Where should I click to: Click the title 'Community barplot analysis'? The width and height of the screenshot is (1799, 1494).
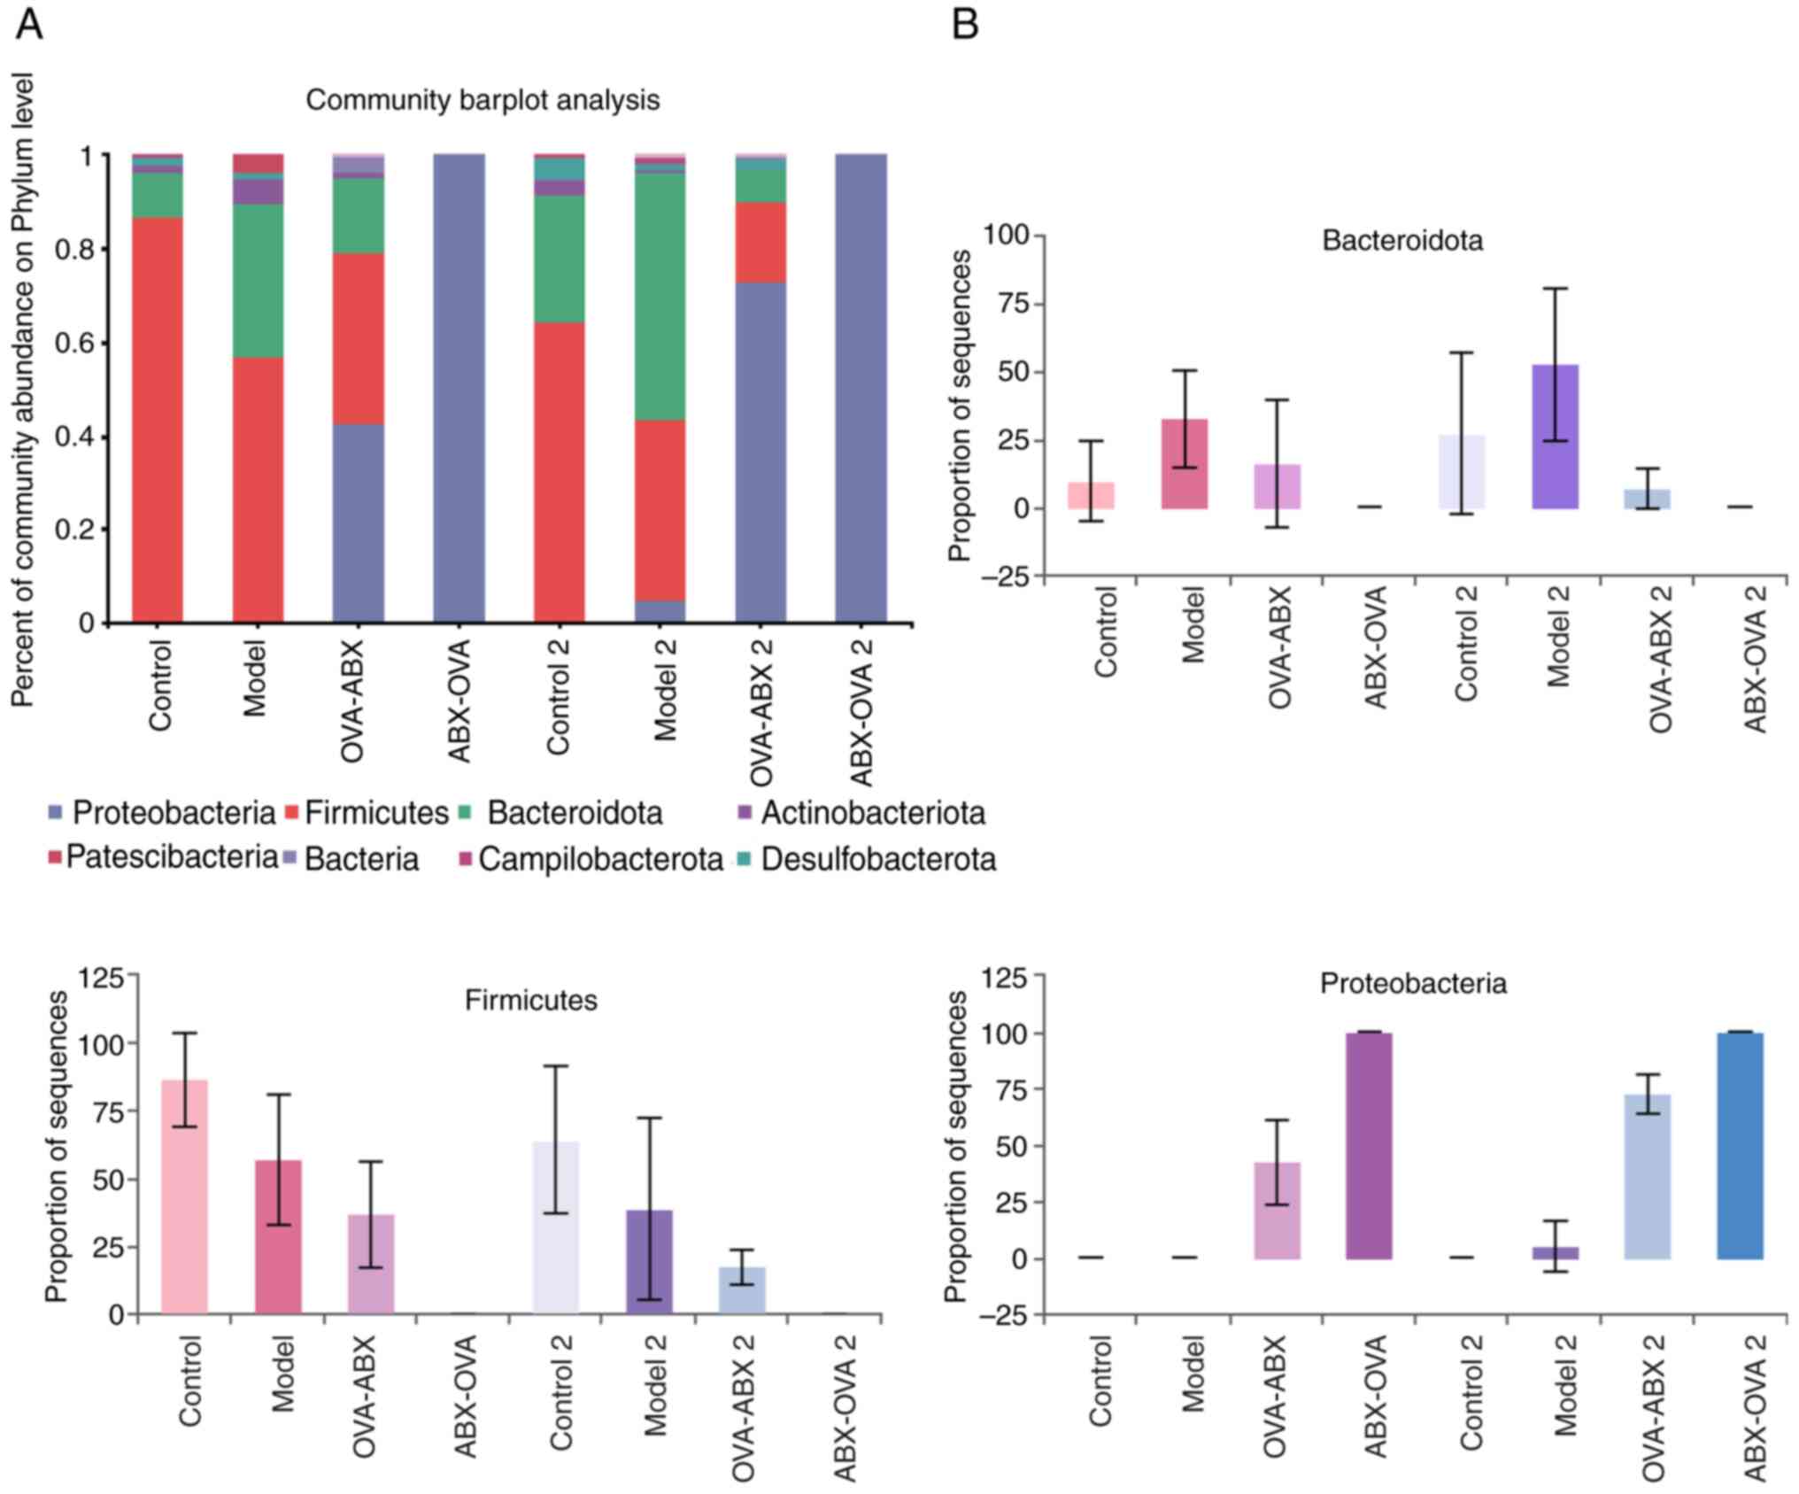coord(483,100)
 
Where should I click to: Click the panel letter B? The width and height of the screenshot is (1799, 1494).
coord(964,24)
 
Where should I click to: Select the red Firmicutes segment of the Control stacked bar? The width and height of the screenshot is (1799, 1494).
coord(158,420)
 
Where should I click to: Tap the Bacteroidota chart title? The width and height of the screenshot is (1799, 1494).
coord(1402,241)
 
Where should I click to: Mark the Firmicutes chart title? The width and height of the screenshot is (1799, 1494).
coord(530,1000)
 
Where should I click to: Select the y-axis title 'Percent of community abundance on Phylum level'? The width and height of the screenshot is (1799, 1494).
coord(23,390)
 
